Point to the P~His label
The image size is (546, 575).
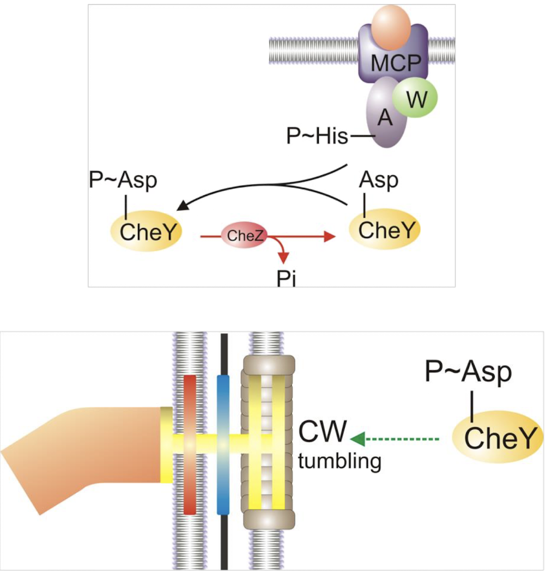[x=317, y=137]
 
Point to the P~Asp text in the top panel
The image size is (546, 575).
[x=122, y=180]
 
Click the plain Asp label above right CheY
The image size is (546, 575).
[x=379, y=180]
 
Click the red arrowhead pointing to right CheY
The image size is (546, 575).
[x=328, y=237]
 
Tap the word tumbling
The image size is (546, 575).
[x=339, y=462]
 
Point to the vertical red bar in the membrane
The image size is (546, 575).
[x=190, y=444]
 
